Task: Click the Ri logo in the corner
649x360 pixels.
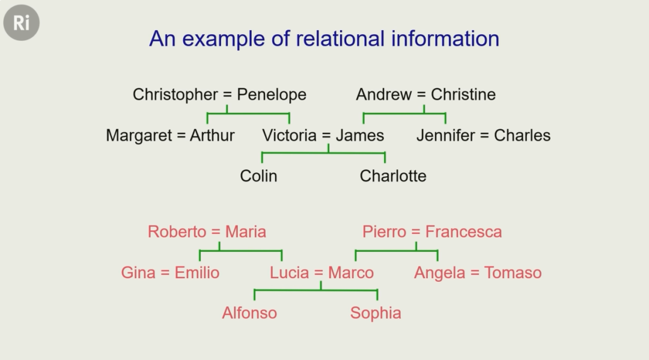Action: [21, 23]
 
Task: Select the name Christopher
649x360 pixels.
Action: [175, 94]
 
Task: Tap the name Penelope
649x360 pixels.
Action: [272, 94]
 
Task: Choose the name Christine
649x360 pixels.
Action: [463, 94]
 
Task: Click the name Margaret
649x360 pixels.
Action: [139, 135]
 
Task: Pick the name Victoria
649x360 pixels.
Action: [289, 135]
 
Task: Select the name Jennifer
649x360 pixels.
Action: [445, 135]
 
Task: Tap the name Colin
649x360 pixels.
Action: [258, 176]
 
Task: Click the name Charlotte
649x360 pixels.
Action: [393, 176]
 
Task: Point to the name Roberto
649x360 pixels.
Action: [177, 232]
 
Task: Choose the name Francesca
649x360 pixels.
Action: [463, 232]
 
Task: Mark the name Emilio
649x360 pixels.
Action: [197, 273]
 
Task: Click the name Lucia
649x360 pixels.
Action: [289, 273]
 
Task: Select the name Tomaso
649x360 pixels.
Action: [513, 273]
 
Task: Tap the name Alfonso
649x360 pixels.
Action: [249, 313]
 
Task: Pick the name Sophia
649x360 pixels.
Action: [376, 313]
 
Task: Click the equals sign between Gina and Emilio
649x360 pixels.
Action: [165, 273]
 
